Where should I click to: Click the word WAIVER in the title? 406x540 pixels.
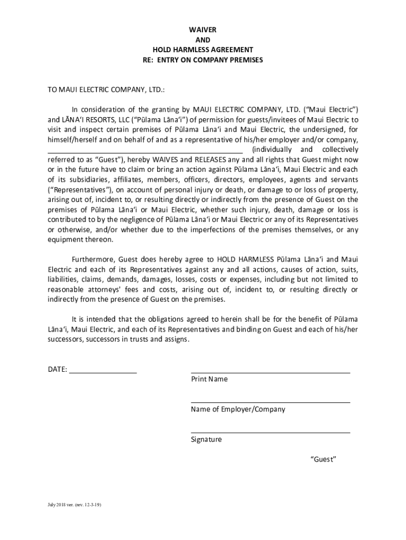(203, 30)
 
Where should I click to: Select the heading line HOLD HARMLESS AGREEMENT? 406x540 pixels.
(203, 50)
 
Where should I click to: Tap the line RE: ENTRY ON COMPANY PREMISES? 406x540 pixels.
(203, 60)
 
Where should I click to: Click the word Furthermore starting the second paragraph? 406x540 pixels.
(93, 259)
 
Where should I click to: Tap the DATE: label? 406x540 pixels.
(57, 370)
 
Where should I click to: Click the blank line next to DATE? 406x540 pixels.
(103, 371)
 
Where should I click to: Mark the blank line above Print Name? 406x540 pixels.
(270, 371)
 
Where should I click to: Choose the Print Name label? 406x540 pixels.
(209, 379)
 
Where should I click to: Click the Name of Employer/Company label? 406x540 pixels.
(238, 409)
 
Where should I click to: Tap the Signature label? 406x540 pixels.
(206, 439)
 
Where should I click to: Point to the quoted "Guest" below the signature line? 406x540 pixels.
(323, 459)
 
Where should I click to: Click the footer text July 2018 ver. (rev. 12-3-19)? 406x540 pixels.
(74, 505)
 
